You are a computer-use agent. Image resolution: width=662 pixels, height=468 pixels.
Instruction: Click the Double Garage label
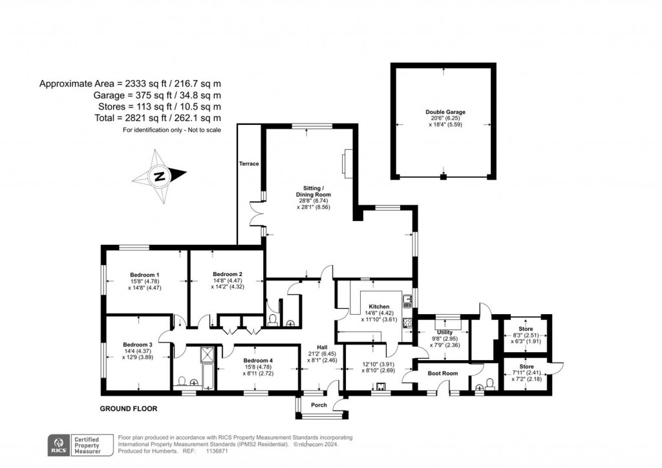pyautogui.click(x=445, y=112)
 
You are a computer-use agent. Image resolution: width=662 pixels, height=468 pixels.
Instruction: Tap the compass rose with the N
pyautogui.click(x=159, y=175)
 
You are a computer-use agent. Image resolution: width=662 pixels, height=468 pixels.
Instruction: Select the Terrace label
pyautogui.click(x=249, y=164)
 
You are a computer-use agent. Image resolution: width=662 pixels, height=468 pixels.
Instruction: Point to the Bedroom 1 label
pyautogui.click(x=145, y=275)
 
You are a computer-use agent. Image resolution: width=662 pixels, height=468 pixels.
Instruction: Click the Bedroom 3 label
pyautogui.click(x=138, y=344)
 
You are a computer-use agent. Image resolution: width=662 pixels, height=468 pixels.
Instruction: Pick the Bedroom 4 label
pyautogui.click(x=258, y=360)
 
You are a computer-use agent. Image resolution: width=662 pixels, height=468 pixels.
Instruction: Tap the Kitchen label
pyautogui.click(x=379, y=306)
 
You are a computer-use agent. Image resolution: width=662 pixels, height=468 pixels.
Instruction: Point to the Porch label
pyautogui.click(x=319, y=405)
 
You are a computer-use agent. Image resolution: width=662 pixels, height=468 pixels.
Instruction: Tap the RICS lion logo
pyautogui.click(x=59, y=445)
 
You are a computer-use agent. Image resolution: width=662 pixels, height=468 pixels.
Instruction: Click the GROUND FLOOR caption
pyautogui.click(x=128, y=409)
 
